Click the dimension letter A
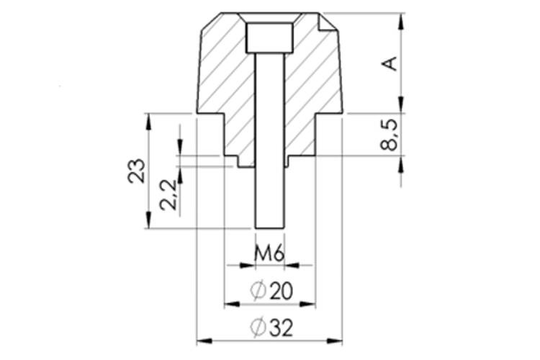390,63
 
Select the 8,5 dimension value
390,135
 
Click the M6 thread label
269,253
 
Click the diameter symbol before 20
258,291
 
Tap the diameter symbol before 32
258,328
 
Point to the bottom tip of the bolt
270,226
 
